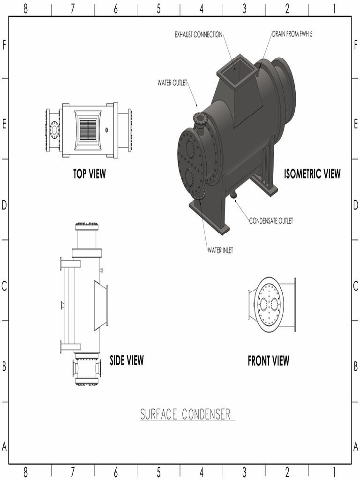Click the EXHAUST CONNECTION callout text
tap(198, 35)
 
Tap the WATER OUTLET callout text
tap(172, 83)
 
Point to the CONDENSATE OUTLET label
tap(271, 221)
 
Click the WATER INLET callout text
tap(220, 250)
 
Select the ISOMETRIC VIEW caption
tap(312, 174)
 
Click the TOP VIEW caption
tap(89, 174)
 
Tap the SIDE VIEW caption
tap(127, 360)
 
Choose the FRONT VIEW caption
tap(268, 360)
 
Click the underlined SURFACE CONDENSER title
tap(186, 414)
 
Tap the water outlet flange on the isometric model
tap(200, 119)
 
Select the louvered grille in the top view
tap(88, 130)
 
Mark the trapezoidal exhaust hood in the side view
tap(101, 305)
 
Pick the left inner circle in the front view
tap(263, 305)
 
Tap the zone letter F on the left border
tap(4, 45)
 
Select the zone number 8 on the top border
tap(25, 8)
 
